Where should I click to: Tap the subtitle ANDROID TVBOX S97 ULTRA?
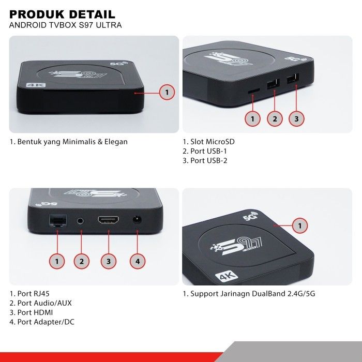tap(66, 25)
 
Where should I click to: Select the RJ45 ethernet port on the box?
tap(56, 221)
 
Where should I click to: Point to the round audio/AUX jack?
tap(80, 220)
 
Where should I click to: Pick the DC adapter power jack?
tap(137, 220)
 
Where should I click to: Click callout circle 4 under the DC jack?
tap(137, 262)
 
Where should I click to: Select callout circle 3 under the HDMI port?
tap(108, 262)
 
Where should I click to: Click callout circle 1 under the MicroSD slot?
tap(253, 119)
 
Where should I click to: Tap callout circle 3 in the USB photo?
tap(296, 119)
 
